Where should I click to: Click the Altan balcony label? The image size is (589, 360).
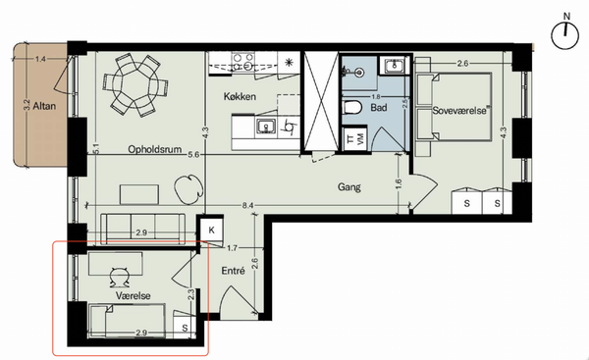pos(44,106)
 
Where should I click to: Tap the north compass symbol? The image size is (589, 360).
pos(565,33)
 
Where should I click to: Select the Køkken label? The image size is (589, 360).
pos(240,96)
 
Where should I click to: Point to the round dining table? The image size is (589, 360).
pos(136,84)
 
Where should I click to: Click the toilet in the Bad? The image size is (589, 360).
pos(352,107)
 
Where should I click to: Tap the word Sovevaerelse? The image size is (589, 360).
pos(459,111)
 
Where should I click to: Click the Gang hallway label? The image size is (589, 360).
pos(348,186)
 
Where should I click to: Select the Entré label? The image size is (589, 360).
pos(233,271)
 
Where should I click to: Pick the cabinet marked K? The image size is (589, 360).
pos(211,230)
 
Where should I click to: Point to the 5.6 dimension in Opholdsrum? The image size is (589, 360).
pos(193,154)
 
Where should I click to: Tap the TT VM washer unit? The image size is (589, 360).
pos(354,139)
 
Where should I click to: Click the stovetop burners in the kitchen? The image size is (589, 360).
pos(243,62)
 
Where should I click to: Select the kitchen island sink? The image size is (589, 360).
pos(266,127)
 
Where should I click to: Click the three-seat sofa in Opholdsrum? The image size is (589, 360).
pos(142,229)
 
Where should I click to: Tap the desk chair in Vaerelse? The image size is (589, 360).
pos(120,277)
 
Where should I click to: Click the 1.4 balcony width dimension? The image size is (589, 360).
pos(40,59)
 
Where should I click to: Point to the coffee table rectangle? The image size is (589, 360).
pos(139,194)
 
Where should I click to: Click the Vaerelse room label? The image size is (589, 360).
pos(133,295)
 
